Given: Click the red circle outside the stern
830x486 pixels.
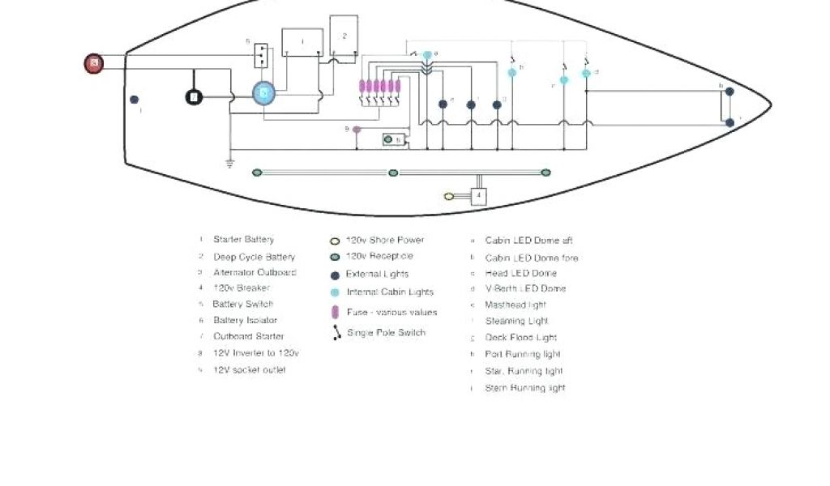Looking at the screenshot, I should coord(95,63).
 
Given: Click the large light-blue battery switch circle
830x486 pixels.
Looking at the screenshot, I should coord(263,94).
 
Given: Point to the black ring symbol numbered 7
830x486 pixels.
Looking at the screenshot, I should coord(194,97).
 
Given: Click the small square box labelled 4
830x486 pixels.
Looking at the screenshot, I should coord(479,196).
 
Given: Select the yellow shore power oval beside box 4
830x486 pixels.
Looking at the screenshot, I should coord(449,196).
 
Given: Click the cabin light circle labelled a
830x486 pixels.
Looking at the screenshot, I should coord(427,55).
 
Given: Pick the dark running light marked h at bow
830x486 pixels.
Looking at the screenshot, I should coord(729,92).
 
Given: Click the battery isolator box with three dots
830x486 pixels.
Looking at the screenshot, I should coord(261,55).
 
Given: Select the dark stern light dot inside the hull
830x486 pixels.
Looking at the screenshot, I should coord(135,100).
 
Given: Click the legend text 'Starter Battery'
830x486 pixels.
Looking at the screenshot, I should coord(243,240).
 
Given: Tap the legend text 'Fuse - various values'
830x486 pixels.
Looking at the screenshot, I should coord(391,312).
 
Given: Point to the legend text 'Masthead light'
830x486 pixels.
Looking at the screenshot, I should coord(516,305).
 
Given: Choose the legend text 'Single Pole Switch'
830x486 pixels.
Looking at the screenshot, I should coord(386,333).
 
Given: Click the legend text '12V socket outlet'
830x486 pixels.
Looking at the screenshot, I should coord(249,370).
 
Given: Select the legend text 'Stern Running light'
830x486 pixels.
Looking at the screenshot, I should coord(524,388).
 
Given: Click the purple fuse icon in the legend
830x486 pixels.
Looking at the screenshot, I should coord(334,312).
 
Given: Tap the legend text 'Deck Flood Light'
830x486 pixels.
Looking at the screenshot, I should coord(520,338).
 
